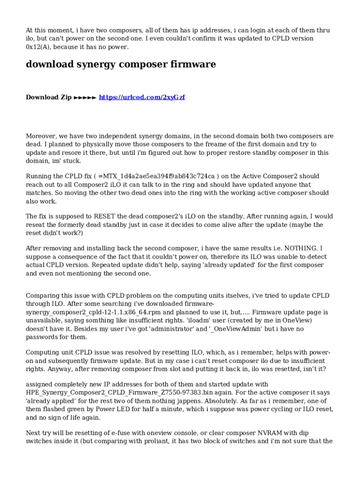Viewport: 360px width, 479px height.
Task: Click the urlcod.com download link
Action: click(142, 97)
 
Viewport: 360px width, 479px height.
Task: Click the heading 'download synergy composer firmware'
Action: click(121, 65)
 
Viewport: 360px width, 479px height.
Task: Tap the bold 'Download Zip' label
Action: click(49, 97)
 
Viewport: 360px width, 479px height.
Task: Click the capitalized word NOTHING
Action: click(302, 248)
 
